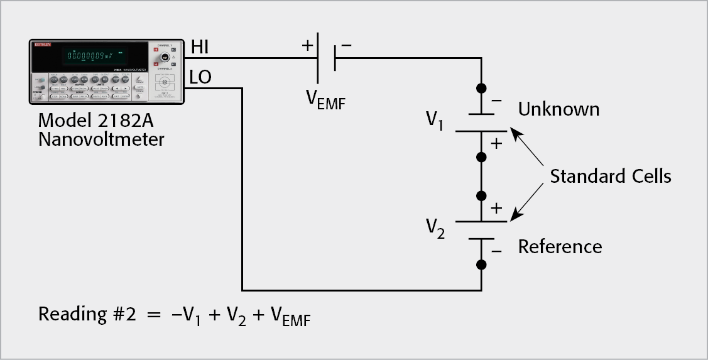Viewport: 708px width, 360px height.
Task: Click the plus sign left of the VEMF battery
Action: coord(308,46)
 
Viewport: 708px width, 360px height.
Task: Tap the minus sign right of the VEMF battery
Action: coord(346,46)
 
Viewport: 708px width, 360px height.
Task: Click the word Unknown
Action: coord(558,109)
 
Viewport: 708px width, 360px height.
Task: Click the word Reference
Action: coord(560,247)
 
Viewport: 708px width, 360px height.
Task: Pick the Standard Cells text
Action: coord(610,177)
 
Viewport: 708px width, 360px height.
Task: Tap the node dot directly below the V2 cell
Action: coord(481,265)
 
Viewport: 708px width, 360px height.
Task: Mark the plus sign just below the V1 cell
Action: coord(496,143)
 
